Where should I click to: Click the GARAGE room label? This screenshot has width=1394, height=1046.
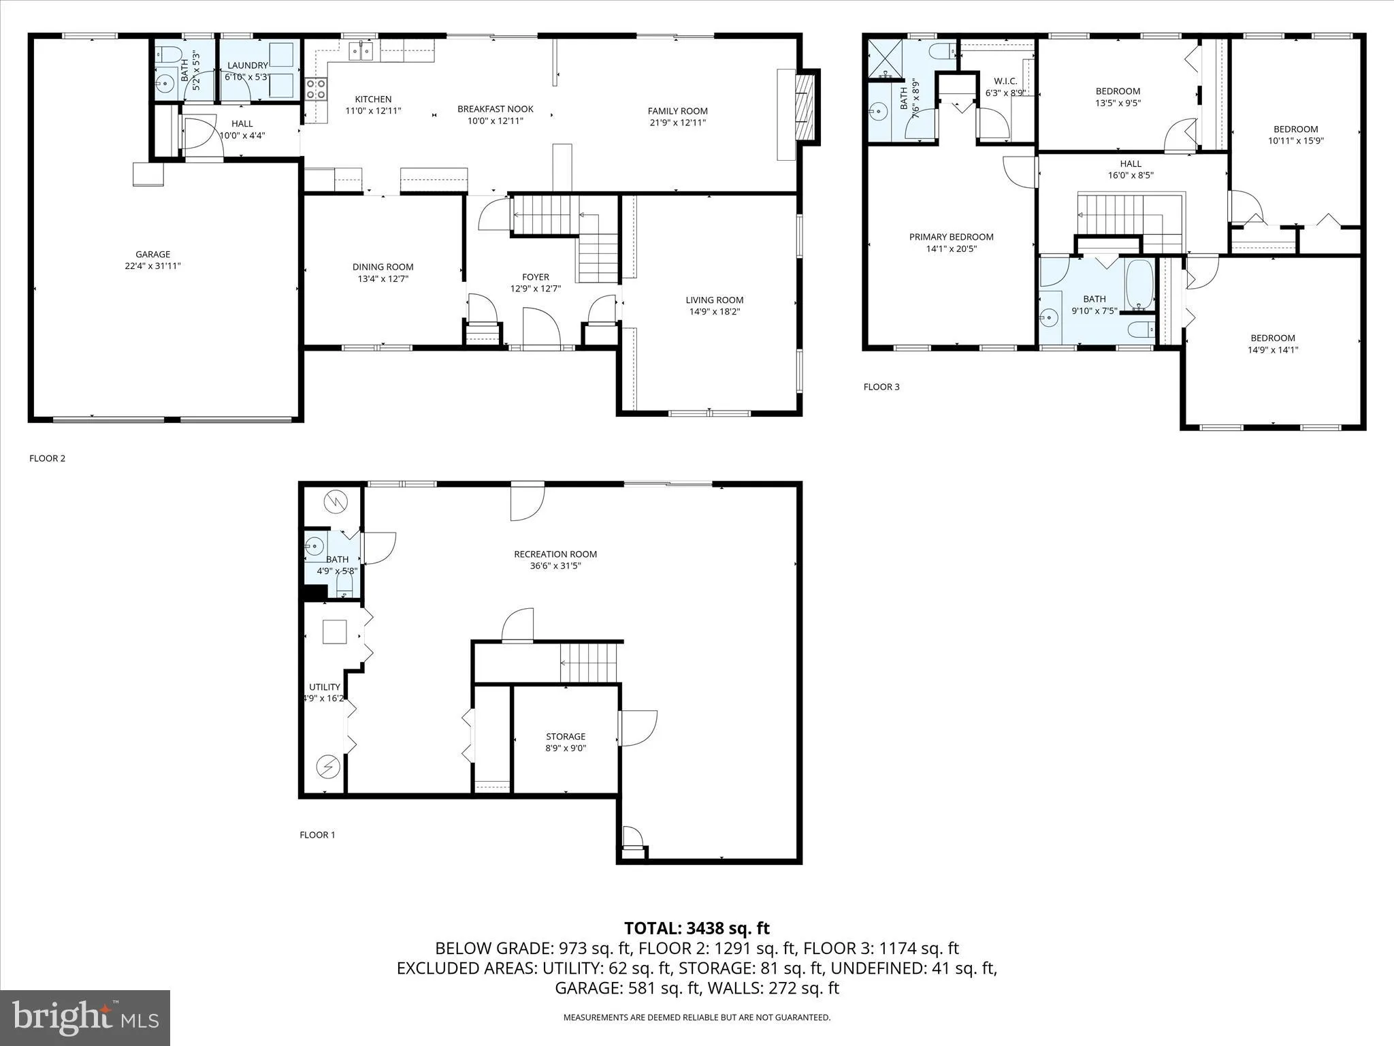[x=152, y=255]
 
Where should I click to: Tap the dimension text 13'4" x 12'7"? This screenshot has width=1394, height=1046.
[x=383, y=279]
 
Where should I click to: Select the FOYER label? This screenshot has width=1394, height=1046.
[x=535, y=277]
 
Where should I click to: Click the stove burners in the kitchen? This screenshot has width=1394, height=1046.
[x=317, y=89]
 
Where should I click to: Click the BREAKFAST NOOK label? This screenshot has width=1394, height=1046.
[x=495, y=109]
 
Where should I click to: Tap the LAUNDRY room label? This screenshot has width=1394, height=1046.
[x=248, y=65]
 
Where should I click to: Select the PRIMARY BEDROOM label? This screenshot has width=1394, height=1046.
[x=951, y=237]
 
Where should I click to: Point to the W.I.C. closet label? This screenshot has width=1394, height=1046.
[x=1005, y=81]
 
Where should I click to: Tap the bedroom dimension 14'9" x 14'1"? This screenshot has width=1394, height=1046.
[x=1272, y=350]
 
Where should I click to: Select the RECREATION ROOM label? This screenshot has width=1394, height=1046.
[x=555, y=554]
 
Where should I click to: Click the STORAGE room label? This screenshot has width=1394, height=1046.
[x=565, y=736]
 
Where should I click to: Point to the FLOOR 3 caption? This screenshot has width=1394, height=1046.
[x=881, y=387]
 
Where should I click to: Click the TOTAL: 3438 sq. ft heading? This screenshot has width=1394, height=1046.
[x=696, y=928]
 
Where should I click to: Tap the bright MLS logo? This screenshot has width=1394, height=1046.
[x=85, y=1017]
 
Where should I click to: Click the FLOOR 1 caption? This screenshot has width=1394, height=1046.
[x=317, y=835]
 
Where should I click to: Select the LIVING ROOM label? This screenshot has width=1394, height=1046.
[x=714, y=300]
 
